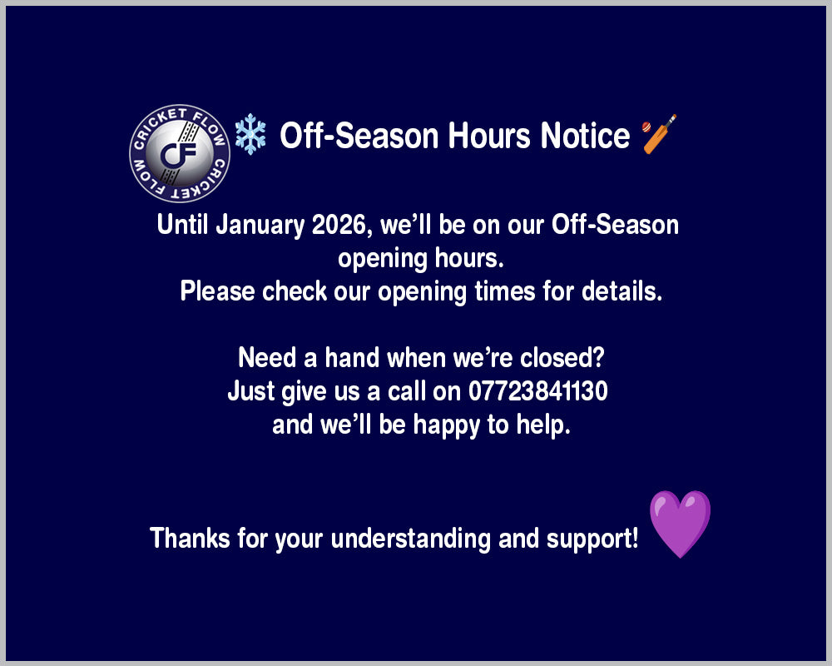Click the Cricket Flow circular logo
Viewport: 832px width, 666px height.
(x=180, y=153)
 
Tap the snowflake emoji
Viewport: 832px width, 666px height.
(x=250, y=134)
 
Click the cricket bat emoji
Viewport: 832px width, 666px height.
(x=659, y=134)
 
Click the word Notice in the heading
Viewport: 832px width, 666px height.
(x=585, y=136)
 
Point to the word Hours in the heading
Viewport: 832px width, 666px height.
(x=489, y=136)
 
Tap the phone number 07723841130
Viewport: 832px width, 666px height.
(x=537, y=391)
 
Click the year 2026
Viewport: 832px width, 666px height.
(x=339, y=225)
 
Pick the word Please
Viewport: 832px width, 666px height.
(x=217, y=291)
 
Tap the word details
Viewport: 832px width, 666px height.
(x=622, y=291)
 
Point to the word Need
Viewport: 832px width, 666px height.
(x=267, y=357)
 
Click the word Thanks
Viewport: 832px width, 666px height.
(x=190, y=538)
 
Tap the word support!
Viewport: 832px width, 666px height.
(x=592, y=539)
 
